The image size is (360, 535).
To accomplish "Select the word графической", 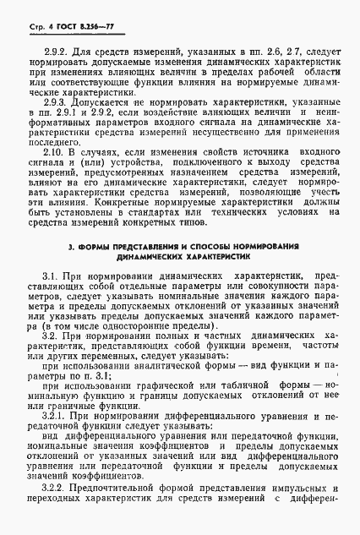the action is (x=161, y=383).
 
